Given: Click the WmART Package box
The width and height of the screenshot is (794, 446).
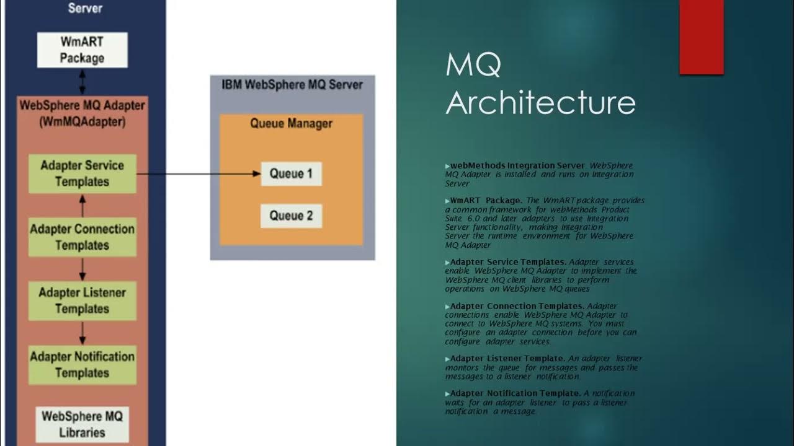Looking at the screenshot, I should tap(83, 50).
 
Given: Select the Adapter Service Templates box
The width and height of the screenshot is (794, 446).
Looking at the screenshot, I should tap(83, 173).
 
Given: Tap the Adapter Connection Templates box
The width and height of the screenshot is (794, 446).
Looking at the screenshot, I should tap(83, 237).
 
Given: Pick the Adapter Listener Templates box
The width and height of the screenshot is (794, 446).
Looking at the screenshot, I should tap(83, 300).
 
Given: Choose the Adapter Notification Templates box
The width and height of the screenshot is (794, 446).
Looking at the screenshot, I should tap(83, 364).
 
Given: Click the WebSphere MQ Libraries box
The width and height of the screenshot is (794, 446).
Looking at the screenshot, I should tap(83, 424).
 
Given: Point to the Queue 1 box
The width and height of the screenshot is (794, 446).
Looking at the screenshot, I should tap(291, 174).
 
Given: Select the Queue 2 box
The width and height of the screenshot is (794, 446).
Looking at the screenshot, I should tap(291, 216).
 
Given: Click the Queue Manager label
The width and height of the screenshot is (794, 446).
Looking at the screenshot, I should tap(291, 123).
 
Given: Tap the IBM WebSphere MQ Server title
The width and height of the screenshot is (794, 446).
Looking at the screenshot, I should tap(292, 84).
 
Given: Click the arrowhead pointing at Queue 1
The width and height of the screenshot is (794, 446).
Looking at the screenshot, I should tap(256, 174).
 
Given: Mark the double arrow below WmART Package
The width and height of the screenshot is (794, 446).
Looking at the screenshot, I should tap(83, 82).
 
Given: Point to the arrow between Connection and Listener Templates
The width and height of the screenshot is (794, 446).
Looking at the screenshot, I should tap(83, 269).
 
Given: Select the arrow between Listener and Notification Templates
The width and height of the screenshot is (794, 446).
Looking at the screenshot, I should tap(83, 333).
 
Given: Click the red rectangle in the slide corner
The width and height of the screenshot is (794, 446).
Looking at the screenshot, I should tap(702, 37).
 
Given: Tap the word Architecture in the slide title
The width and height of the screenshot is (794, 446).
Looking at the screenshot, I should tap(540, 103).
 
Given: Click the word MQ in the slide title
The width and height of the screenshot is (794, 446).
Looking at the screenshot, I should tap(473, 65).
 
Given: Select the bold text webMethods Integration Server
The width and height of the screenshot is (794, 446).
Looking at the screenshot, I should tap(517, 165).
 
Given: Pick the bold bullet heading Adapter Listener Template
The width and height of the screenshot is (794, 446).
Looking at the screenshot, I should tap(507, 359).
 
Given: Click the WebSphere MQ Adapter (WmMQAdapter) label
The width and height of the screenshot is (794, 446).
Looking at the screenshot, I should tap(83, 113).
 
